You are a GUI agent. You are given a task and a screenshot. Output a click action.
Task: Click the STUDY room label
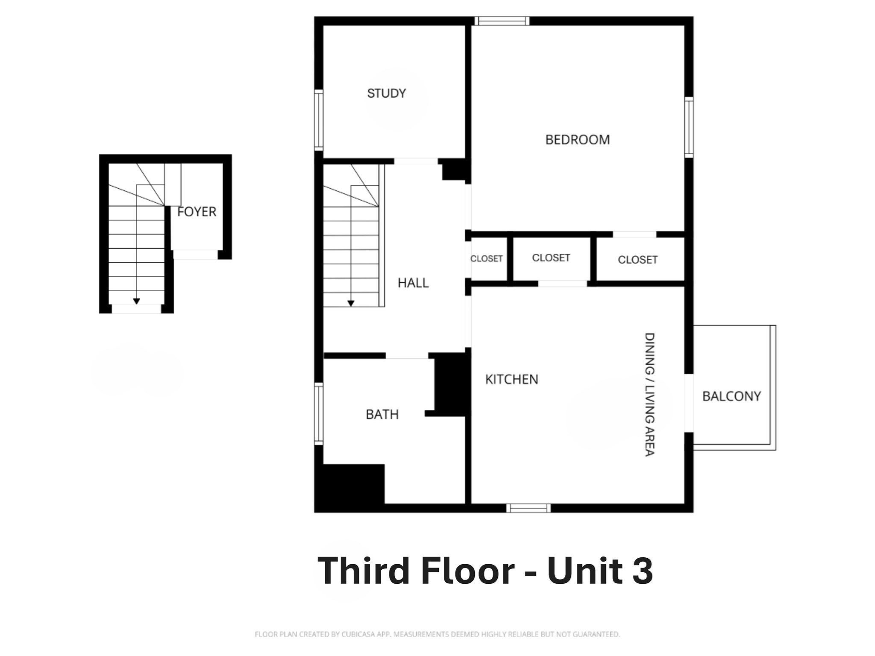pyautogui.click(x=386, y=93)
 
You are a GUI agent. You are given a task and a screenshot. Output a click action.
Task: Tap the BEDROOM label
pyautogui.click(x=577, y=140)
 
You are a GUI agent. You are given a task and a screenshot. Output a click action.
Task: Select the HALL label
pyautogui.click(x=413, y=283)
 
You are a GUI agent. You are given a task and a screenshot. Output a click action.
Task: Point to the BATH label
pyautogui.click(x=382, y=414)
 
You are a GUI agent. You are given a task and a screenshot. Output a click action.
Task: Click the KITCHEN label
pyautogui.click(x=511, y=379)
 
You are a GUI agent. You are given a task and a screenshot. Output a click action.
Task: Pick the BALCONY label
pyautogui.click(x=731, y=396)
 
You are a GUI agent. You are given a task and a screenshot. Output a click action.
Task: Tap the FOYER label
pyautogui.click(x=197, y=212)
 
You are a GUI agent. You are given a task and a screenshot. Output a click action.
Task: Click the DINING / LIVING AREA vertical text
pyautogui.click(x=649, y=394)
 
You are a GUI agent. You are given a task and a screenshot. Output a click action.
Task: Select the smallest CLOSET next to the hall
pyautogui.click(x=486, y=259)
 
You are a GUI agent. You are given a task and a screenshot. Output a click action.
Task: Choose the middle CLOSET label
pyautogui.click(x=551, y=258)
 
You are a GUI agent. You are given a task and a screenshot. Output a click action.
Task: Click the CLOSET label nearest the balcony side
pyautogui.click(x=637, y=260)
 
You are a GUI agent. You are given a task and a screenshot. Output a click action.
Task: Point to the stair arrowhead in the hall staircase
pyautogui.click(x=351, y=303)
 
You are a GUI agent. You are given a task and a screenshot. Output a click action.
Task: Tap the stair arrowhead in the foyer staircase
pyautogui.click(x=136, y=301)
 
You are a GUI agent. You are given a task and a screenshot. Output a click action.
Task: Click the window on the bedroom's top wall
pyautogui.click(x=502, y=21)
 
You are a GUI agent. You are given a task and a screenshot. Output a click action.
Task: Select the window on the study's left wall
pyautogui.click(x=319, y=120)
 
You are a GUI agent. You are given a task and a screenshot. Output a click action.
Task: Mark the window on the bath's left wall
pyautogui.click(x=319, y=413)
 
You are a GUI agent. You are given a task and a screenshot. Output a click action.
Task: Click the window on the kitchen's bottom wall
pyautogui.click(x=529, y=508)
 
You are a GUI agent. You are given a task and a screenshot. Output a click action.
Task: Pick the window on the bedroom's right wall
pyautogui.click(x=689, y=127)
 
